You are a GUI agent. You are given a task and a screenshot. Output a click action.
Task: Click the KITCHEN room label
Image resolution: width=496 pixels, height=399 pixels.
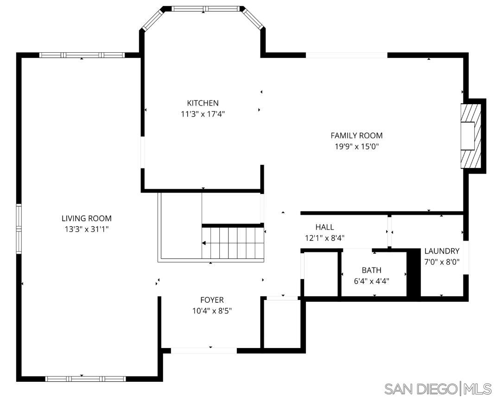[x=203, y=103]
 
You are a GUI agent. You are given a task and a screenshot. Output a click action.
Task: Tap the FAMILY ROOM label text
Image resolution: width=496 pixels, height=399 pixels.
[x=356, y=136]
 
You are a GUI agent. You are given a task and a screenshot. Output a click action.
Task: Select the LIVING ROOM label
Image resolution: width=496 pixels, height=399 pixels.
[x=87, y=218]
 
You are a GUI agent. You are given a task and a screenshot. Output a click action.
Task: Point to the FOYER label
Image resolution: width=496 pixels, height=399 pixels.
[x=212, y=300]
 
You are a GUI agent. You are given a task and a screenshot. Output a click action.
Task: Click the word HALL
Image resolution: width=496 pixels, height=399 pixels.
[x=324, y=227]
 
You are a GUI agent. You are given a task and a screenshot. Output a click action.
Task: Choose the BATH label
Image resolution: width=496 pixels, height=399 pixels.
[x=371, y=270]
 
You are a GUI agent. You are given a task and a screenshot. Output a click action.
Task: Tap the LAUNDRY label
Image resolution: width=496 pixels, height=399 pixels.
[x=442, y=251]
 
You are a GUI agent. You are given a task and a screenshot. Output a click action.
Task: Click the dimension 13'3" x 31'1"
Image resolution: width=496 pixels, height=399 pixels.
[x=87, y=229]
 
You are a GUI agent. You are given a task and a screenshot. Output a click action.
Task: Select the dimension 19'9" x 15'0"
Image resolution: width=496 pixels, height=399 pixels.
[x=356, y=147]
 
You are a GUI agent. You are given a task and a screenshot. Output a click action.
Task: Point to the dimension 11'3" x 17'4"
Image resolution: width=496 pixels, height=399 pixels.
[x=203, y=114]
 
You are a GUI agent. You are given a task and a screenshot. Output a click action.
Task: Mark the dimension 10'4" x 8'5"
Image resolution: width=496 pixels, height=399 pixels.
[x=212, y=311]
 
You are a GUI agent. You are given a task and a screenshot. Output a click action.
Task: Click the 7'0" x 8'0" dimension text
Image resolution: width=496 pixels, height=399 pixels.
[x=442, y=262]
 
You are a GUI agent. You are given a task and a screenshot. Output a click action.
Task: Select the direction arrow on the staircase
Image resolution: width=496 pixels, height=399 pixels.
[x=205, y=243]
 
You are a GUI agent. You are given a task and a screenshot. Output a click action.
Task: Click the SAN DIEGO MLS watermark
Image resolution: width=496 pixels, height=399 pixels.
[x=438, y=388]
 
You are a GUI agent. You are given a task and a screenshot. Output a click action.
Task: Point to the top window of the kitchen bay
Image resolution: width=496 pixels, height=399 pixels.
[x=207, y=8]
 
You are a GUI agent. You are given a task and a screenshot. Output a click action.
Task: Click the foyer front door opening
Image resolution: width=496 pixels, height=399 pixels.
[x=204, y=350]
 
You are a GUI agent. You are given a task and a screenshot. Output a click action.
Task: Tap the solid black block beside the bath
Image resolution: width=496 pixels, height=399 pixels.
[x=413, y=273]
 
